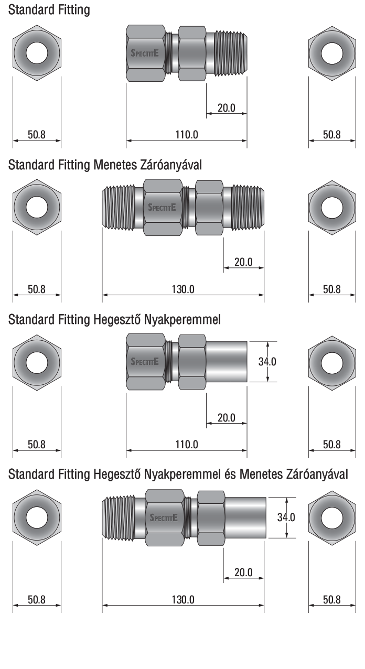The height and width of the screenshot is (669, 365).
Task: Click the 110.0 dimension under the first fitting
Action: click(x=187, y=135)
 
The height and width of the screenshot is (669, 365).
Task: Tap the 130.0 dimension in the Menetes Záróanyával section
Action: click(x=183, y=289)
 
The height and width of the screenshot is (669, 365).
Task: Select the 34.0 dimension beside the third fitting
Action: click(x=267, y=362)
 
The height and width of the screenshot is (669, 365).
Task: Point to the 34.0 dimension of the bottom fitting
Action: click(x=286, y=517)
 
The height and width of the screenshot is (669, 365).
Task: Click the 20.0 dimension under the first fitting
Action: click(x=227, y=108)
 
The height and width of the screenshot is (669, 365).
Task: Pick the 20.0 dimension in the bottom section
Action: click(x=243, y=572)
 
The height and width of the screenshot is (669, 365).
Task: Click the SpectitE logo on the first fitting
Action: click(x=145, y=53)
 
